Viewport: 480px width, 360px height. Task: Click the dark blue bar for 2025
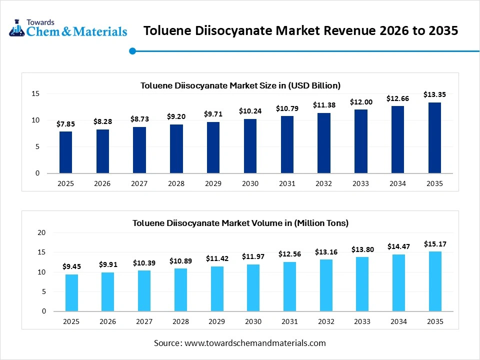point(65,152)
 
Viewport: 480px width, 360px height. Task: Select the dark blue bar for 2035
point(435,138)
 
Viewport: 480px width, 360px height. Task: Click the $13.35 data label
point(434,94)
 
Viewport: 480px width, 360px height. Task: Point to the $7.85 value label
point(65,123)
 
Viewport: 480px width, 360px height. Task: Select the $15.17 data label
point(435,244)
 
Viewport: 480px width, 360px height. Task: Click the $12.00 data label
point(361,101)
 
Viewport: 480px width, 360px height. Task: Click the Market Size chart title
point(240,85)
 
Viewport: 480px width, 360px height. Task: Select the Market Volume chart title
point(240,223)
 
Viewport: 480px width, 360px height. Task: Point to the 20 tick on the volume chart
point(41,233)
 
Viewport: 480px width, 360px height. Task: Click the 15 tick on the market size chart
point(35,93)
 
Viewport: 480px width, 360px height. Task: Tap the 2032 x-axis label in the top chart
point(324,183)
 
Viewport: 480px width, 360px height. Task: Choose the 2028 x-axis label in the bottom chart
point(180,321)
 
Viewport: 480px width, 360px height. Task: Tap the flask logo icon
point(16,28)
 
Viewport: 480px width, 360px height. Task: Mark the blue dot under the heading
point(132,51)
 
